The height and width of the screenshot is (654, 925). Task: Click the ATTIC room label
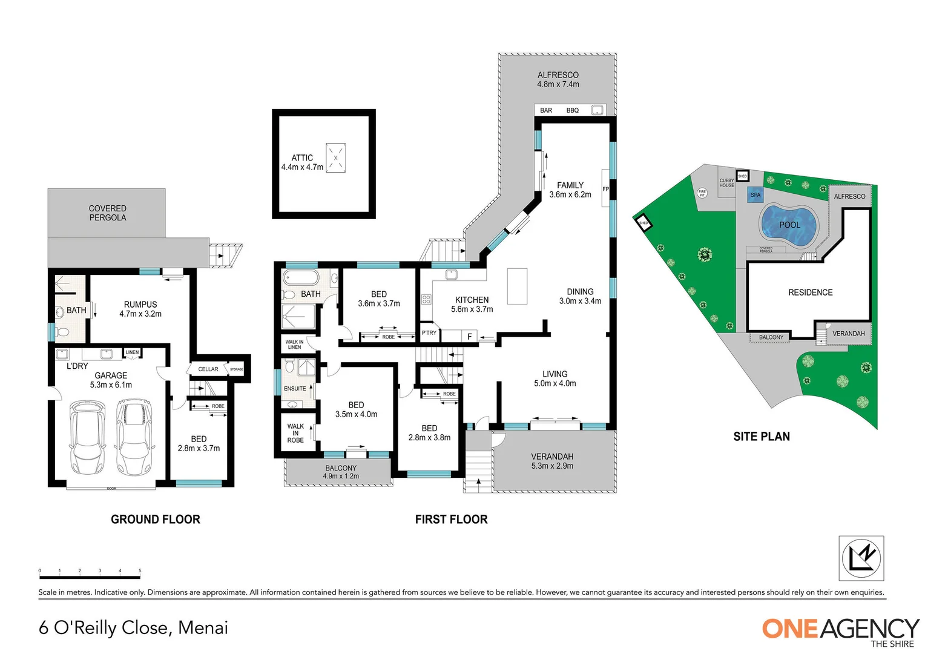point(302,158)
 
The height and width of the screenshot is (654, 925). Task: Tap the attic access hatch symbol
point(335,158)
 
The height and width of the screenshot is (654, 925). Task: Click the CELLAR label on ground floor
point(208,369)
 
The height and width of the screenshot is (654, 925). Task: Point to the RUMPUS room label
point(140,305)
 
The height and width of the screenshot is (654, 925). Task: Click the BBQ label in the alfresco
point(572,110)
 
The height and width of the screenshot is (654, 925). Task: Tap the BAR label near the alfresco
point(546,110)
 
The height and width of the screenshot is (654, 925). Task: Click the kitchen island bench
point(517,286)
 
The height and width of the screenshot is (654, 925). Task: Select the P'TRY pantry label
point(429,333)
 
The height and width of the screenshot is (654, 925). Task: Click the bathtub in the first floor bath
point(300,278)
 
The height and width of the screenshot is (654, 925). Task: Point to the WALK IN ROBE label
point(295,433)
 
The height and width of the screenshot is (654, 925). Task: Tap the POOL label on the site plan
point(789,225)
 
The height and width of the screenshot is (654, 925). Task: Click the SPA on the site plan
point(755,195)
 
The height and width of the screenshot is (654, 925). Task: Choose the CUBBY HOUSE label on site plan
point(726,183)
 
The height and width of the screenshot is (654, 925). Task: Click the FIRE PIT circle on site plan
point(702,193)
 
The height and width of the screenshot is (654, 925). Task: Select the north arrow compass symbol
point(861,558)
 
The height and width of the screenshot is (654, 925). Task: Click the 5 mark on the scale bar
point(140,571)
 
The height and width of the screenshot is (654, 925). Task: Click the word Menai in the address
point(203,628)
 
